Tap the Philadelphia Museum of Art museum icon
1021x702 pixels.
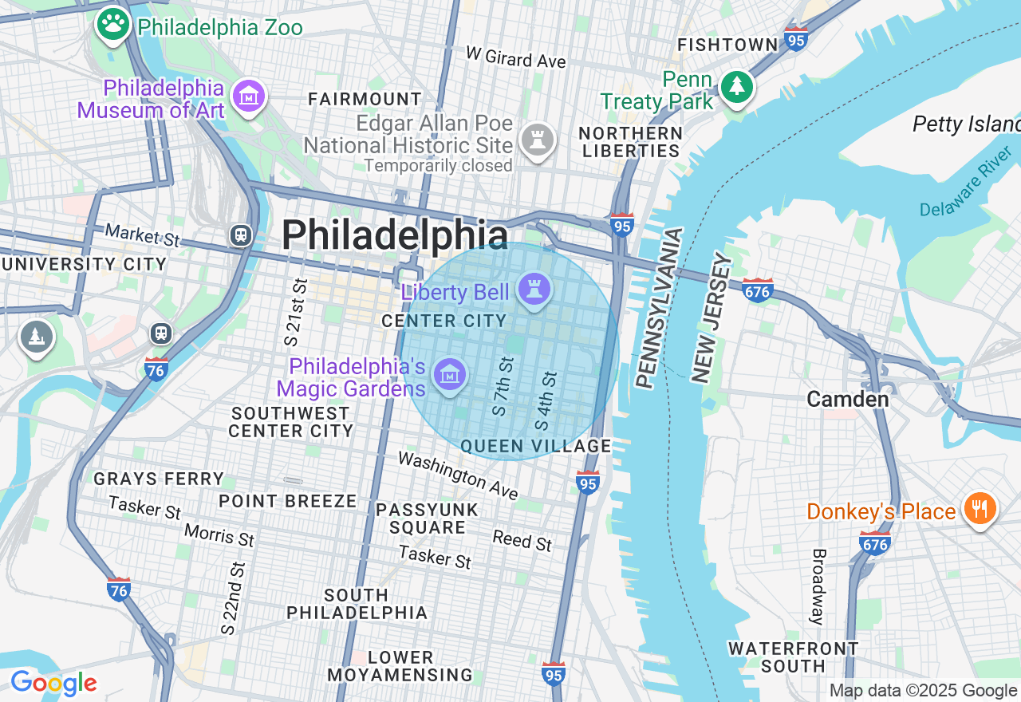pos(249,97)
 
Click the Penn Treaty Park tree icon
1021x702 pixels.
pos(736,87)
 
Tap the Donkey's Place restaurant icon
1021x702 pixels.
pos(980,509)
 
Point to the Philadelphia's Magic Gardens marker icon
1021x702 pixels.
pos(450,375)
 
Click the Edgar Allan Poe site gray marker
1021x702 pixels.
pos(538,141)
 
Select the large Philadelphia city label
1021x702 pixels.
pos(394,235)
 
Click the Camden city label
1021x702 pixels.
pos(847,399)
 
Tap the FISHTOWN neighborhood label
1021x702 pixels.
pos(727,45)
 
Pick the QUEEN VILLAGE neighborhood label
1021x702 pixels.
pos(536,446)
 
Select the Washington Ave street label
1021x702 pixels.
pos(458,475)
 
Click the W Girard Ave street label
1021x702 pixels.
pos(515,57)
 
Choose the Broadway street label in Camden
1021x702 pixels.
pos(817,586)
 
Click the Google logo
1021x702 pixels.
pos(53,683)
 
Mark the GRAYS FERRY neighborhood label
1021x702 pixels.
pos(159,479)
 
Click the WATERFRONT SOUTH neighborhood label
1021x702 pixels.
pos(793,657)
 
